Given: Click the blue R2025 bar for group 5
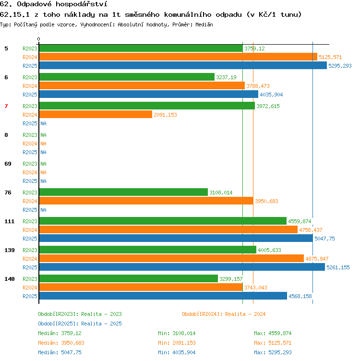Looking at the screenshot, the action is [183, 65].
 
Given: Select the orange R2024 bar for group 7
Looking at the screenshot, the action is [96, 114].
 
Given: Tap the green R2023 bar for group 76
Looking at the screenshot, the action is [124, 192].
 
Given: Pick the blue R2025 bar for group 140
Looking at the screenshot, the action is [163, 296].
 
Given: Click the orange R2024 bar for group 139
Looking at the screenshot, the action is [171, 258].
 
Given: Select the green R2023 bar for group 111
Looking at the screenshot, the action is [163, 221].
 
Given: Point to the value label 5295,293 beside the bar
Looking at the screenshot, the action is [340, 66].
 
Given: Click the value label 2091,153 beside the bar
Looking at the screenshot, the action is [165, 115].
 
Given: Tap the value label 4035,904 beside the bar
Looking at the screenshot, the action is [271, 95].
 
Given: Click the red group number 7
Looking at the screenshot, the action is [6, 106].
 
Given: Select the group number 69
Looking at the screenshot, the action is [8, 164].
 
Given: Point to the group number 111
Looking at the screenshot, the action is [10, 221].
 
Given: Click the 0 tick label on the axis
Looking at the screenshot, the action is [39, 39].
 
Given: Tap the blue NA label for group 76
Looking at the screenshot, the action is [44, 210].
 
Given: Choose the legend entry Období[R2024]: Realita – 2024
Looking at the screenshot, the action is [224, 314].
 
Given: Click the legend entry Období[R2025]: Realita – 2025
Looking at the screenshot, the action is [80, 324].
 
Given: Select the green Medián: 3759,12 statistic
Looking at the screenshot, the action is [60, 333].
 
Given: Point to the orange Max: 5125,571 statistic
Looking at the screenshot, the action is [273, 343].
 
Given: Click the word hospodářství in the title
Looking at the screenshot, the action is [82, 4].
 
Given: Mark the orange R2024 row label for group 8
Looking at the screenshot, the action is [30, 144].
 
